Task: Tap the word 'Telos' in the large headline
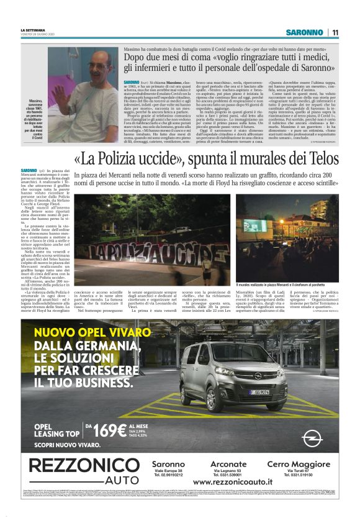pyautogui.click(x=321, y=158)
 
